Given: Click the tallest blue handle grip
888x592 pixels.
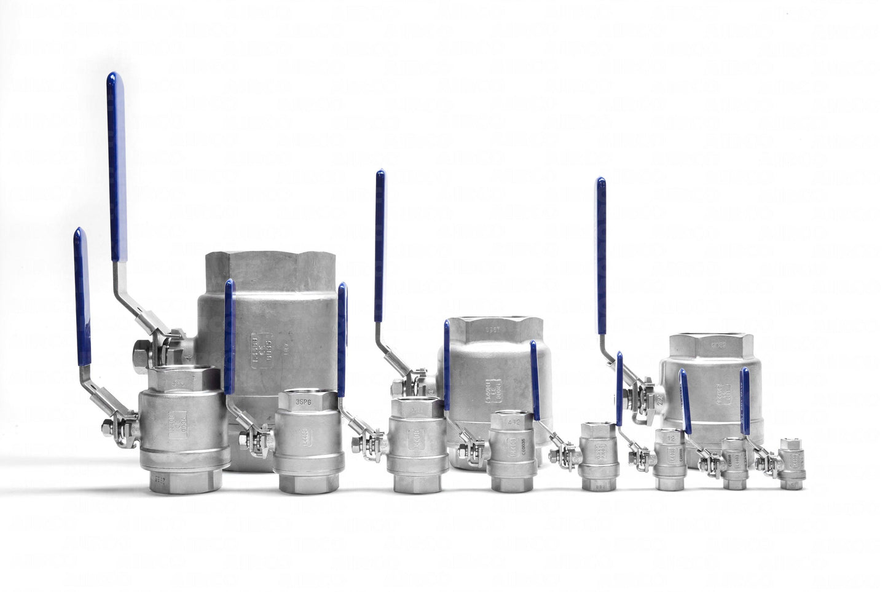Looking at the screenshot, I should click(x=116, y=166).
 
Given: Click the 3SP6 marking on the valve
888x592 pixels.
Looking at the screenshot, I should click(x=302, y=402).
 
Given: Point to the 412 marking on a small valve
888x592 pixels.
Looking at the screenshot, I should click(x=513, y=422).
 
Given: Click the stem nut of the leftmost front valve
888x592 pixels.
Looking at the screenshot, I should click(x=116, y=426).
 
